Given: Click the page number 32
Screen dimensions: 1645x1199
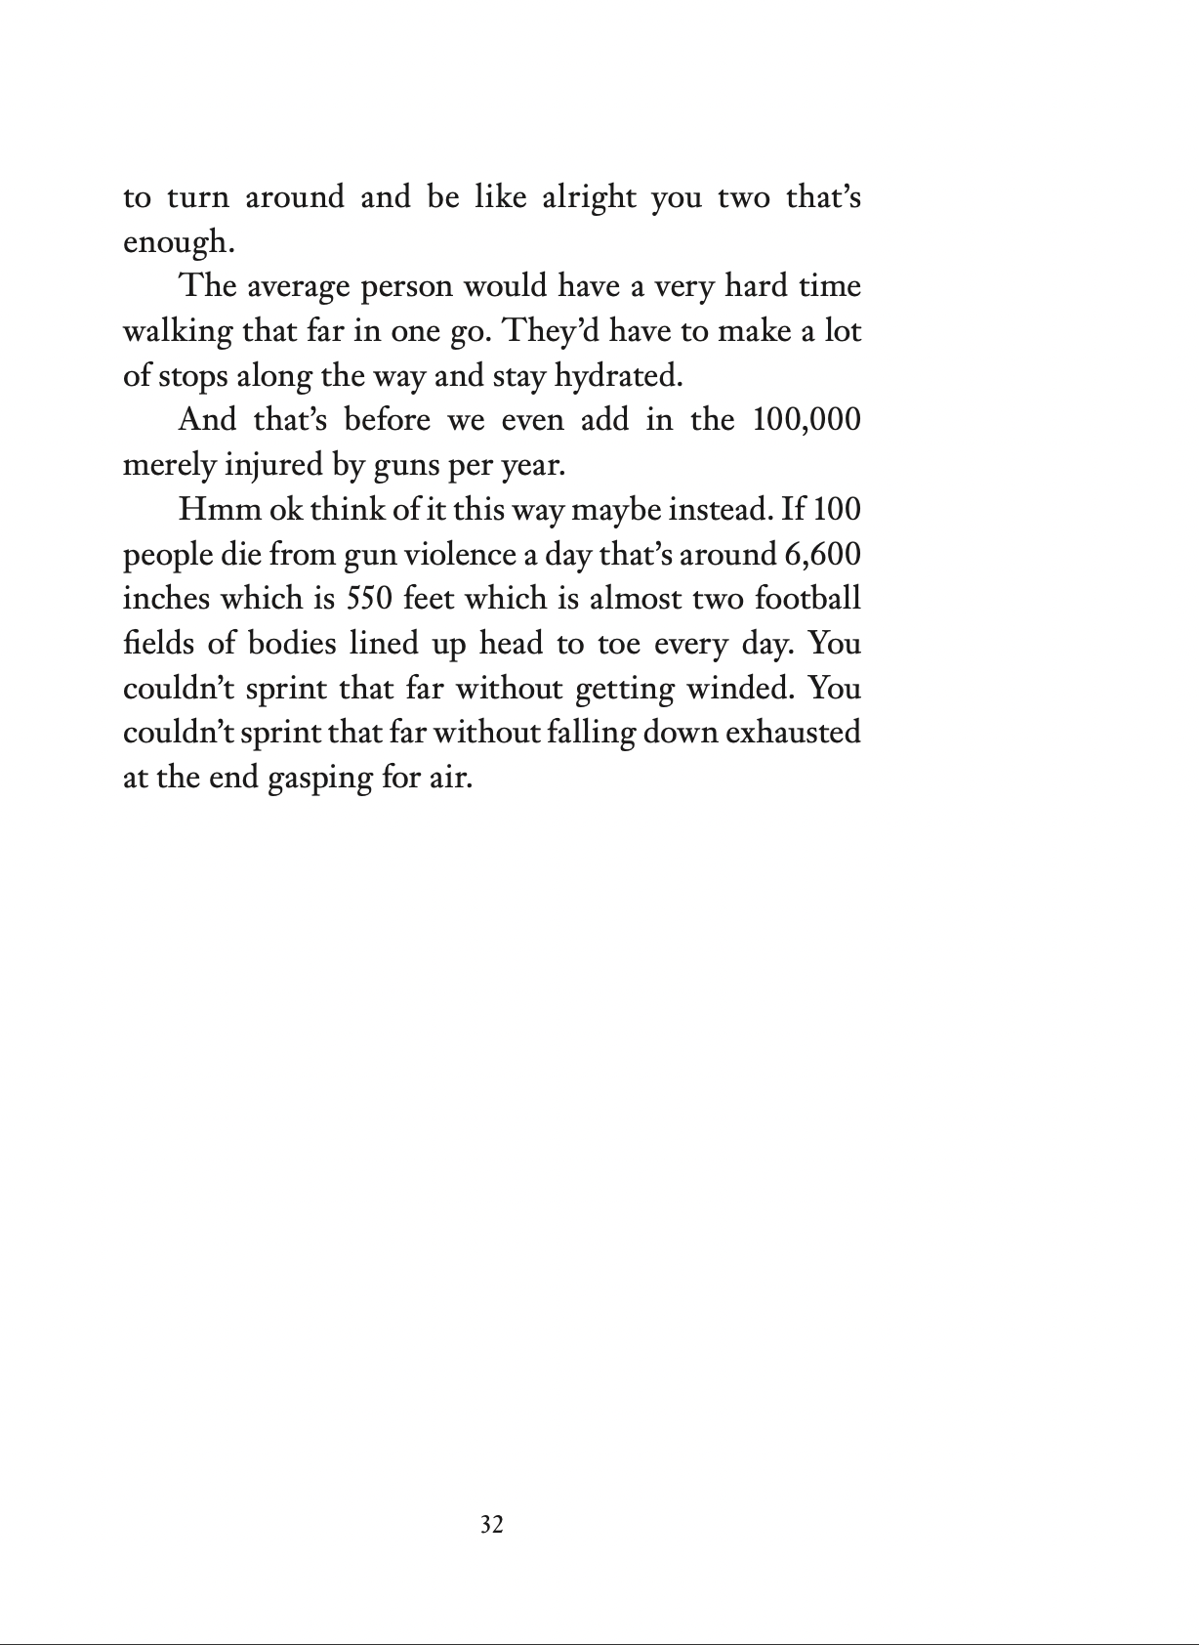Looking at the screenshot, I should (x=492, y=1525).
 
